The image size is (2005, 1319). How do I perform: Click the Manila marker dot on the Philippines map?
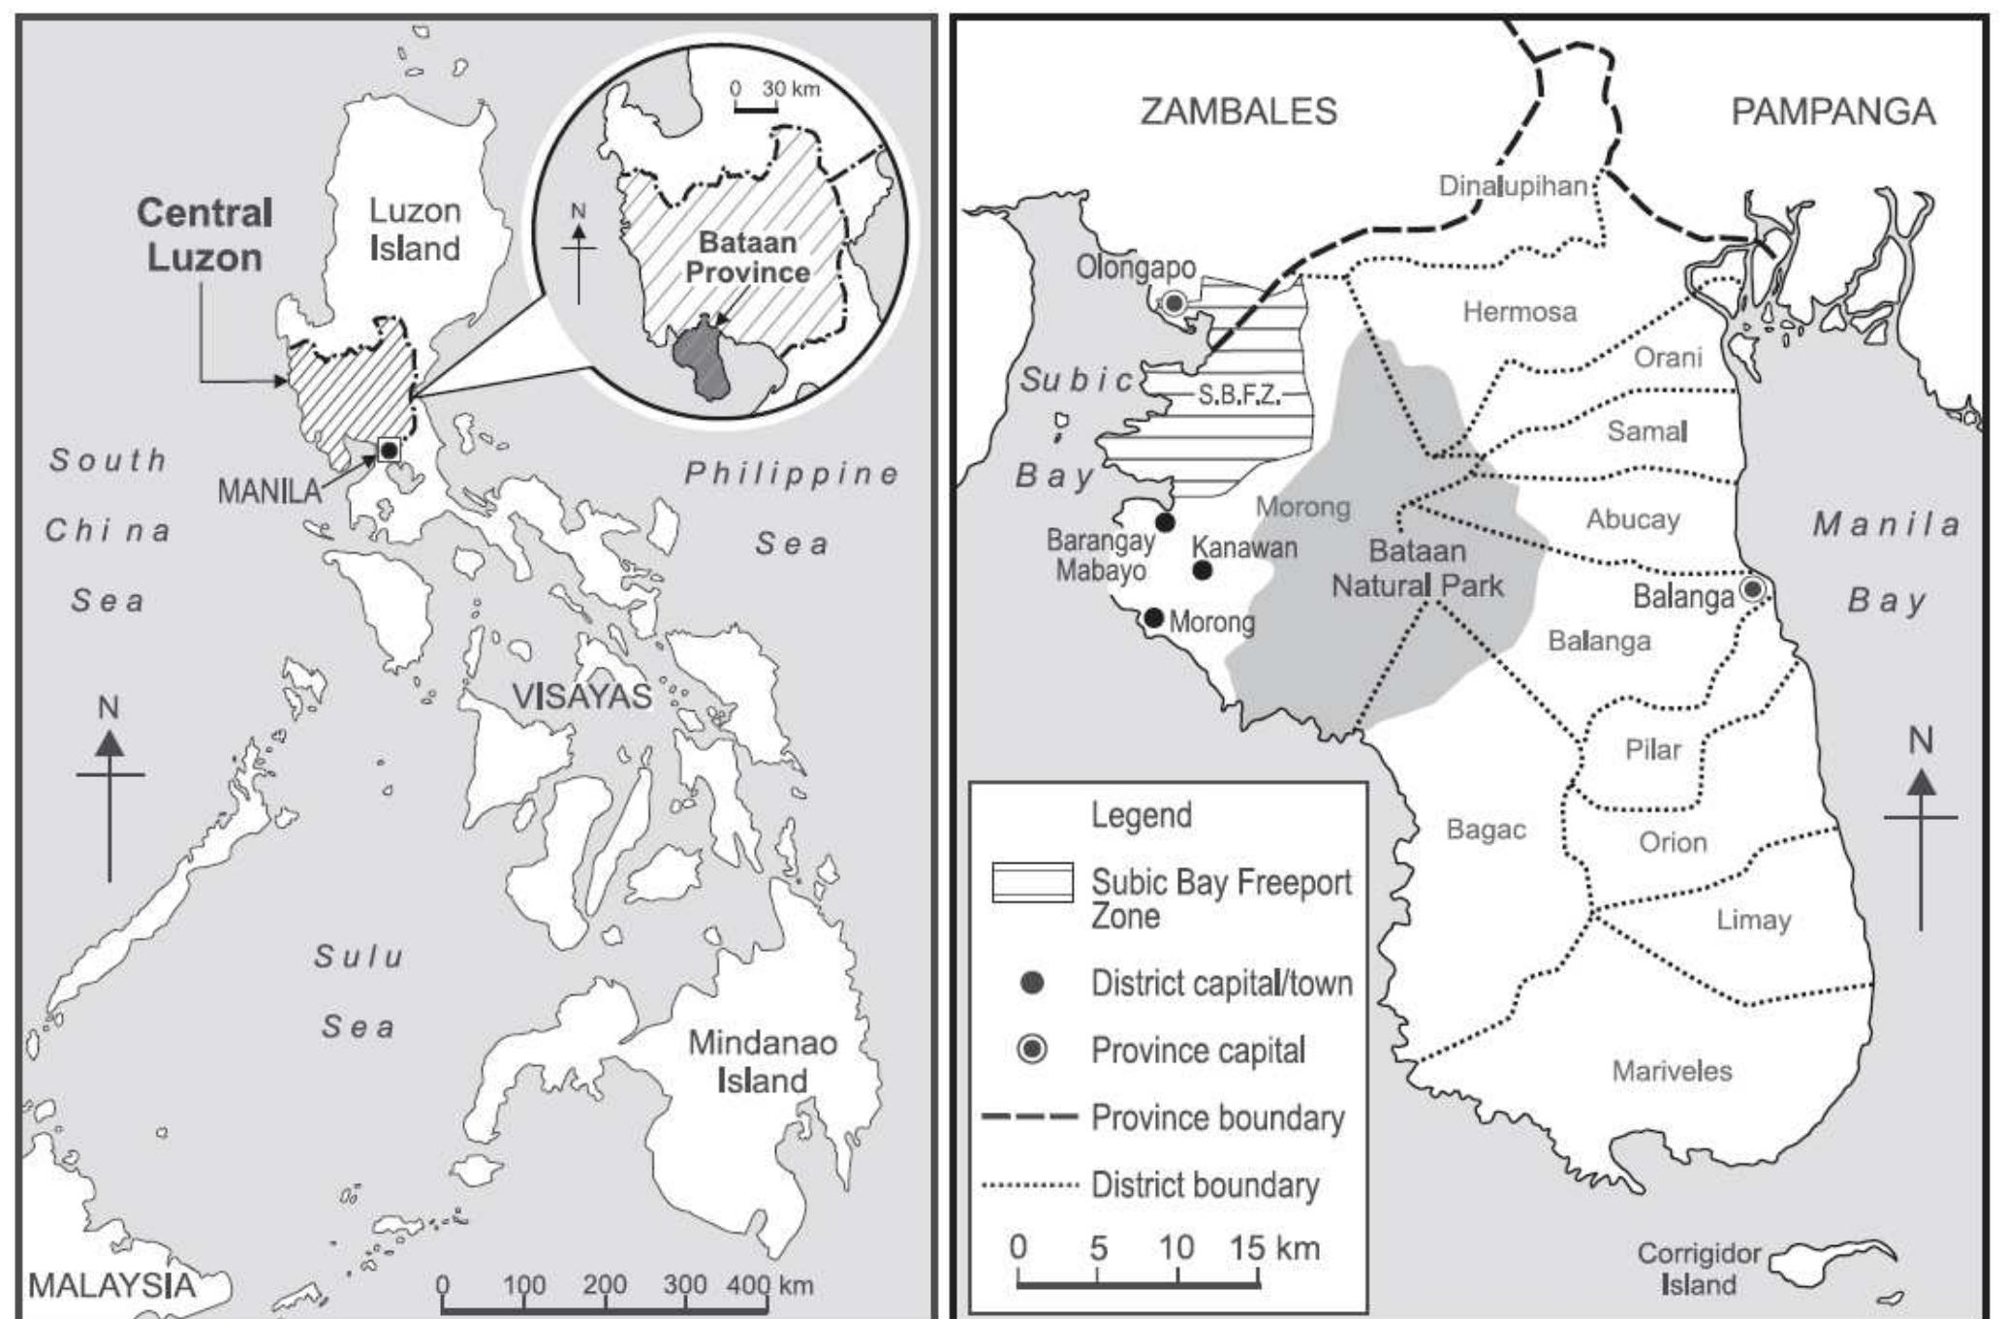[x=389, y=450]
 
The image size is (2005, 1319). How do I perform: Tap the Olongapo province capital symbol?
[x=1174, y=303]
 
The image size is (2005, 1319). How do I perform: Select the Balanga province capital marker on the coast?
[x=1752, y=588]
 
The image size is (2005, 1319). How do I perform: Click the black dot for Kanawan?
[x=1203, y=571]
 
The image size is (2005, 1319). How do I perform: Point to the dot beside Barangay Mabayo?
[x=1166, y=522]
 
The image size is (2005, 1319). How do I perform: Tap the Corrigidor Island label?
[x=1698, y=1269]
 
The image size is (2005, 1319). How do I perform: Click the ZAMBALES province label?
[x=1237, y=111]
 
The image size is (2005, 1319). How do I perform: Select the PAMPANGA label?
[x=1833, y=111]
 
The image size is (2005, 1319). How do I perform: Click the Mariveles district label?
[x=1672, y=1071]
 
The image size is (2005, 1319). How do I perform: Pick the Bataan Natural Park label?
[x=1417, y=568]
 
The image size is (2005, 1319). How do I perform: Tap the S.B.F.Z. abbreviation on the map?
[x=1238, y=394]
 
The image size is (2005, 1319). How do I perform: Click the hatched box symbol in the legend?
[x=1032, y=882]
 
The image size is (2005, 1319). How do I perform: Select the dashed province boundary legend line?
[x=1029, y=1117]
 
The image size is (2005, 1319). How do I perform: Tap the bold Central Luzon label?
[x=204, y=235]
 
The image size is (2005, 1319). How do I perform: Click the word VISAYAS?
[x=581, y=696]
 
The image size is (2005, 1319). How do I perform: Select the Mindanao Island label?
[x=762, y=1061]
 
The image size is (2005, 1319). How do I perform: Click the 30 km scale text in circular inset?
[x=790, y=89]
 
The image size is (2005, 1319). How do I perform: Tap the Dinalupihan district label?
[x=1513, y=185]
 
